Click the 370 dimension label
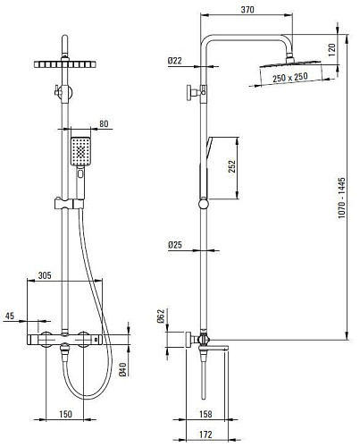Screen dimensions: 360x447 [247, 10]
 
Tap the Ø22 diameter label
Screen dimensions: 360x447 [174, 61]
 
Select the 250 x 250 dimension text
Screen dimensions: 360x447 [290, 78]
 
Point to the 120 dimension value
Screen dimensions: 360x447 [332, 50]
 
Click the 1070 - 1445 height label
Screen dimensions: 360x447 [341, 198]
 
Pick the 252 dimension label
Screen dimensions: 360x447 [231, 166]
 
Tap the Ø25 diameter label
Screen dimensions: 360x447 [175, 245]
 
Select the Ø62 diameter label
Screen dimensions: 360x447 [161, 316]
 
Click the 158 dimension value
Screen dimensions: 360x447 [205, 414]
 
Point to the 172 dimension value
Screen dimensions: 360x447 [205, 434]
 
